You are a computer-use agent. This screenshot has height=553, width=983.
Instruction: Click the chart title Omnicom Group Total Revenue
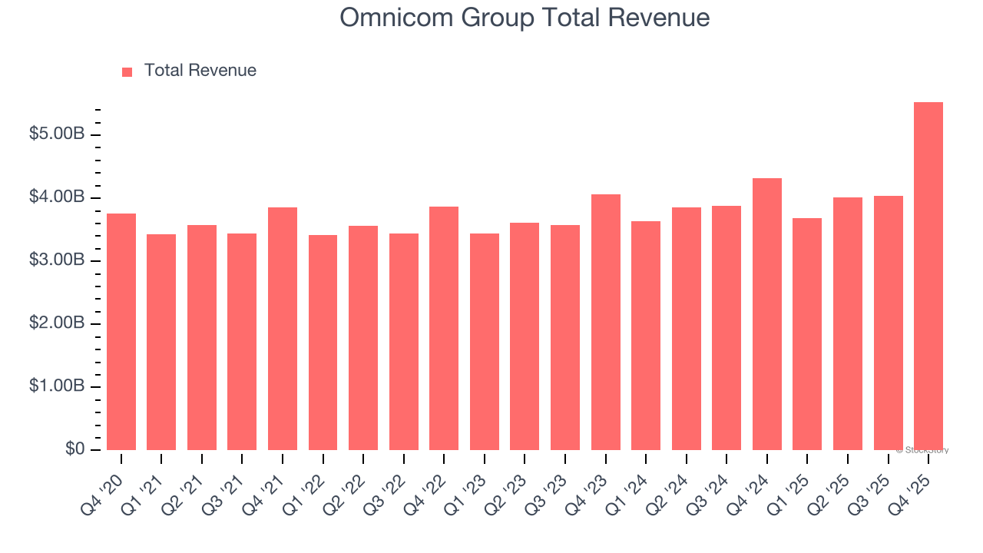coord(525,18)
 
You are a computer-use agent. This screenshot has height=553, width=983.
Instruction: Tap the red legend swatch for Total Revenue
coord(127,71)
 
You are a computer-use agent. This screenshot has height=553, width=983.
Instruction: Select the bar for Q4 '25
coord(928,276)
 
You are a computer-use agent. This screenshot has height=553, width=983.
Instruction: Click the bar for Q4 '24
coord(767,314)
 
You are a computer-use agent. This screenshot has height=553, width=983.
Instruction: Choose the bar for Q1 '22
coord(323,343)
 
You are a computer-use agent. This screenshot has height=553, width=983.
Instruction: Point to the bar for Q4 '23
coord(606,323)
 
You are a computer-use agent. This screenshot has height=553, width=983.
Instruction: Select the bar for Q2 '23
coord(525,336)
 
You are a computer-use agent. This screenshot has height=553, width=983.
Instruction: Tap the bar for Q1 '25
coord(807,334)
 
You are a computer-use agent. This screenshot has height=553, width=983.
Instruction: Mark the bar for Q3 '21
coord(242,342)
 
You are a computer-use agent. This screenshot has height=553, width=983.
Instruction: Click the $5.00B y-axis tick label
coord(57,134)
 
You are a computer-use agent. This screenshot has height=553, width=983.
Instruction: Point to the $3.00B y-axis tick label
coord(57,260)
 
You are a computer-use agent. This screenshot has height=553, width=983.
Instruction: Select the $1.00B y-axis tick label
coord(57,386)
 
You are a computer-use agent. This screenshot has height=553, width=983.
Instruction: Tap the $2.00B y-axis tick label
coord(57,323)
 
